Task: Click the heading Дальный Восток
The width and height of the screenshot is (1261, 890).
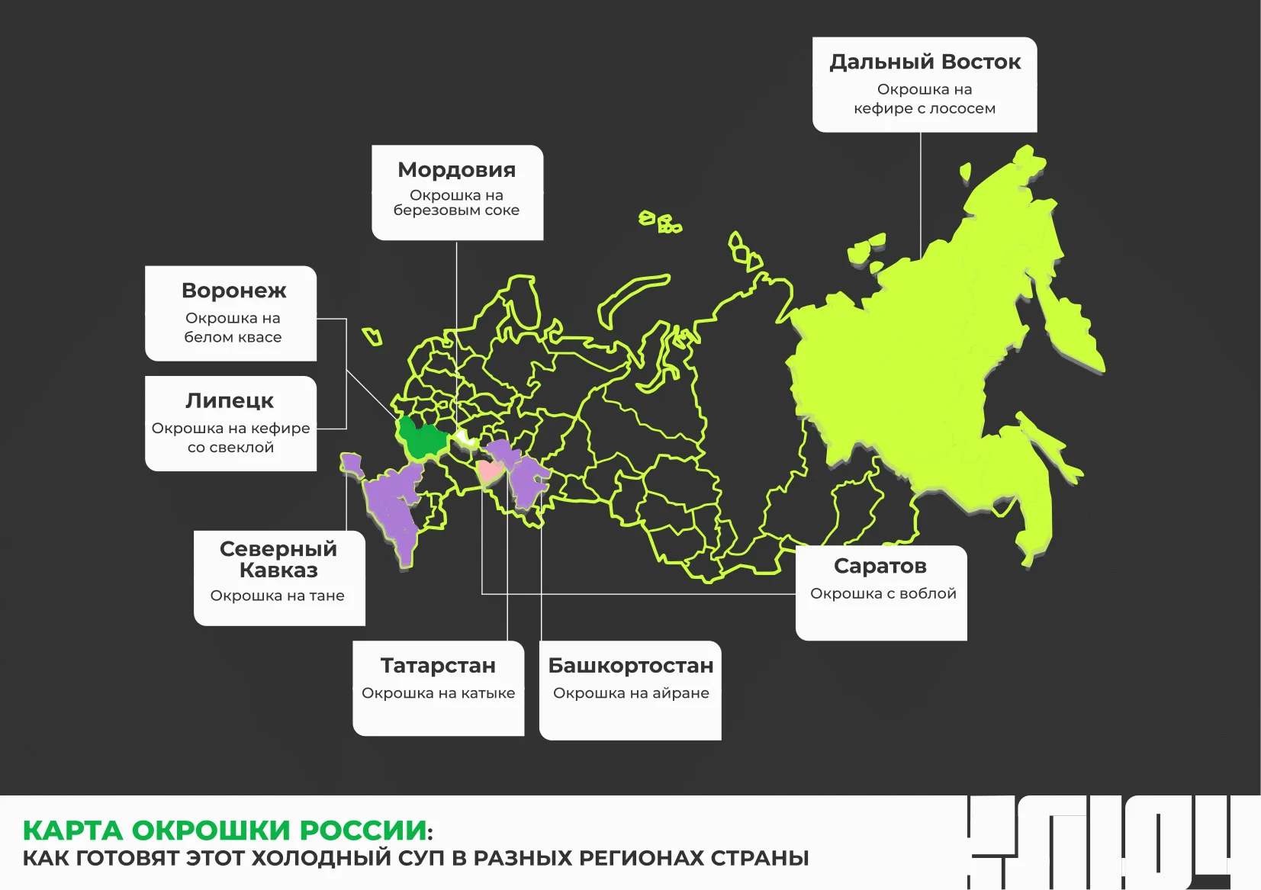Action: pyautogui.click(x=925, y=62)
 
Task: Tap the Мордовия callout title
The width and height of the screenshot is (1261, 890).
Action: pyautogui.click(x=456, y=169)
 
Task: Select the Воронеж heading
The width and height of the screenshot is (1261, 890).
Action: pyautogui.click(x=233, y=291)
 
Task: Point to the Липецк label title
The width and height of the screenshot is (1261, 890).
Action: pyautogui.click(x=229, y=400)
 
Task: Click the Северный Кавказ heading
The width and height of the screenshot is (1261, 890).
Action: pyautogui.click(x=278, y=559)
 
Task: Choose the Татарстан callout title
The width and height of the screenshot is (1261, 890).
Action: pyautogui.click(x=438, y=666)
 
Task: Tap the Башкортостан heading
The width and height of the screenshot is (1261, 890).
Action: pyautogui.click(x=631, y=666)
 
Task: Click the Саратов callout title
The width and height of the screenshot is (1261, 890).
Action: pyautogui.click(x=880, y=566)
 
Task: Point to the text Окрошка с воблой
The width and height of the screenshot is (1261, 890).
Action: pyautogui.click(x=883, y=593)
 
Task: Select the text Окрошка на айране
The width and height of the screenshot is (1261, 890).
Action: pyautogui.click(x=631, y=693)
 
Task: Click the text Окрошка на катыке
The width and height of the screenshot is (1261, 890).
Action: pyautogui.click(x=438, y=693)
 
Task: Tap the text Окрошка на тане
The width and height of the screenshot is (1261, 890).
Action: pyautogui.click(x=277, y=596)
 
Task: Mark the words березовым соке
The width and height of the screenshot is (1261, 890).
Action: pyautogui.click(x=456, y=210)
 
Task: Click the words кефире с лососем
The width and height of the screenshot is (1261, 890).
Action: pyautogui.click(x=925, y=108)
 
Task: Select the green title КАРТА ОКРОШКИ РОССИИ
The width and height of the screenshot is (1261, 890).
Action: pyautogui.click(x=224, y=830)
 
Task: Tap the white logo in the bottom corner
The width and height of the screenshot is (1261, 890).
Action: pyautogui.click(x=1099, y=842)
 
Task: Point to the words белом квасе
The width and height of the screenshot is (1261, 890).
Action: pyautogui.click(x=233, y=337)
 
